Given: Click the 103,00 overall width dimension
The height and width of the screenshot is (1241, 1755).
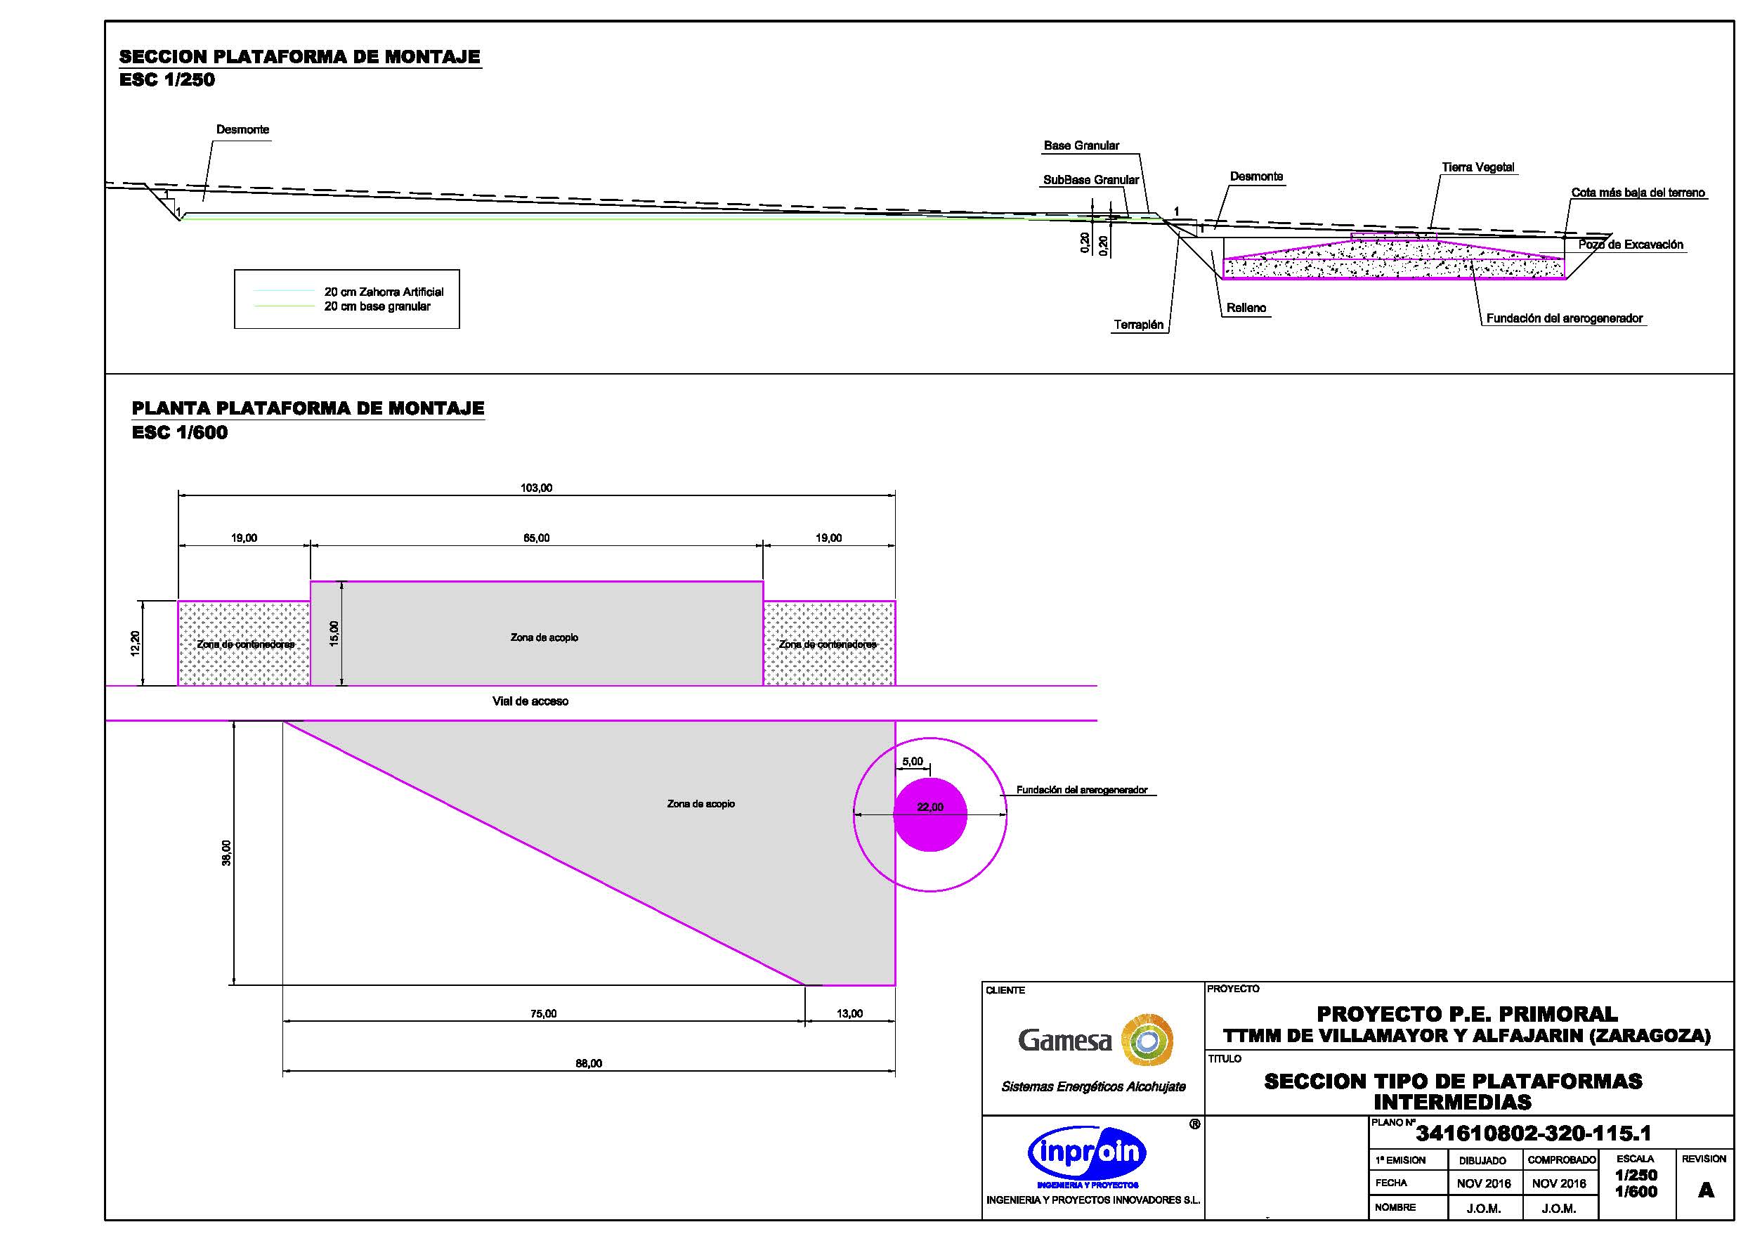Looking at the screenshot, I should [x=536, y=488].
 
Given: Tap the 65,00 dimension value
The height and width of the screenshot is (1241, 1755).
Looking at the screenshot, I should [x=536, y=538].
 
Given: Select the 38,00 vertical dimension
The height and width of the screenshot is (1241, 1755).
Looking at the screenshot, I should [x=226, y=852].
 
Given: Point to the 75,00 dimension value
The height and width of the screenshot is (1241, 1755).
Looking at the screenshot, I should [x=544, y=1013].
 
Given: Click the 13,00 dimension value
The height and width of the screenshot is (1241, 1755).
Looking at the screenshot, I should [x=849, y=1013].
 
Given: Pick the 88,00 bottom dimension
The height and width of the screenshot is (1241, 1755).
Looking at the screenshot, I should [x=589, y=1063].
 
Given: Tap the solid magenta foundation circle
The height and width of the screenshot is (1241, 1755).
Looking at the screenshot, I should [x=930, y=814].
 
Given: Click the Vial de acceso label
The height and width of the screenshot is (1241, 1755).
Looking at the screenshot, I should [x=530, y=701].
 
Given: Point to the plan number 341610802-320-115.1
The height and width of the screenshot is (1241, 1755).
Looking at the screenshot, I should [x=1533, y=1133].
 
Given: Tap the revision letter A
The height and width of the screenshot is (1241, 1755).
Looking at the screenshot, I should [x=1705, y=1190].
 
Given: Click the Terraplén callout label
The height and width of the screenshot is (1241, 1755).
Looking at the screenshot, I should [x=1138, y=325].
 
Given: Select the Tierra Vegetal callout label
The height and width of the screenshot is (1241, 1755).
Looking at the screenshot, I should [x=1477, y=167].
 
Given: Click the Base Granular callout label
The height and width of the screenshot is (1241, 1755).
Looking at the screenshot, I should [x=1081, y=145].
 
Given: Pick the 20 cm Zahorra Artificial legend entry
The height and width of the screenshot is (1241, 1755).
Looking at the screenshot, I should [x=383, y=292].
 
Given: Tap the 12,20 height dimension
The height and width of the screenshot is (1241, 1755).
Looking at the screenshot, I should [x=136, y=643].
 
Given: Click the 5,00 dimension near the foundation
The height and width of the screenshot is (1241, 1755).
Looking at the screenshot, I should [x=912, y=762].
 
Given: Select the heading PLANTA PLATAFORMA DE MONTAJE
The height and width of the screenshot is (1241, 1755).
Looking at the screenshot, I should [x=307, y=408].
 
